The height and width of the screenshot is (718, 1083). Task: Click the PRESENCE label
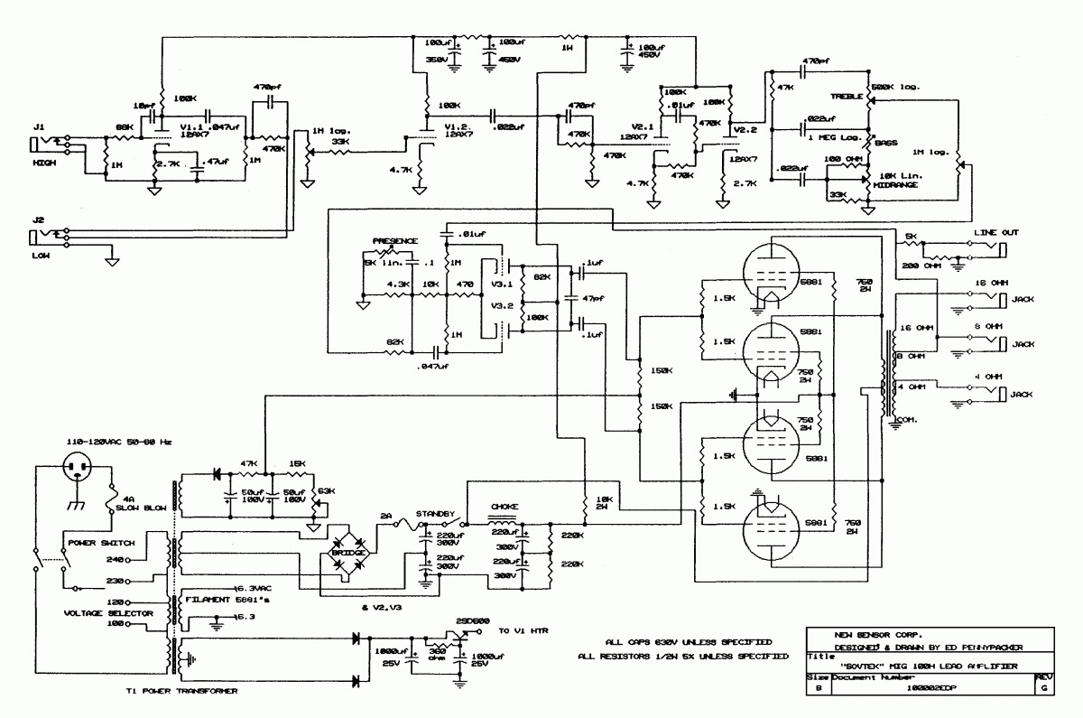(x=396, y=241)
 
